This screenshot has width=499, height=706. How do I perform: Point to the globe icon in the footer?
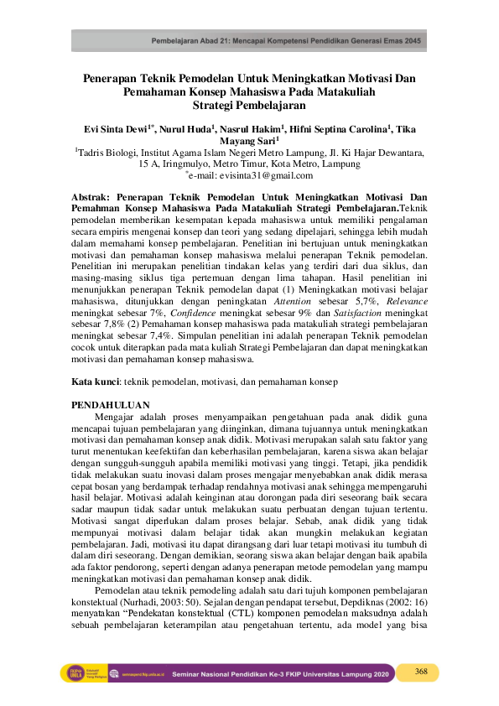pyautogui.click(x=96, y=672)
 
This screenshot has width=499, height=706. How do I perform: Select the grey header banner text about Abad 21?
pyautogui.click(x=286, y=41)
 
